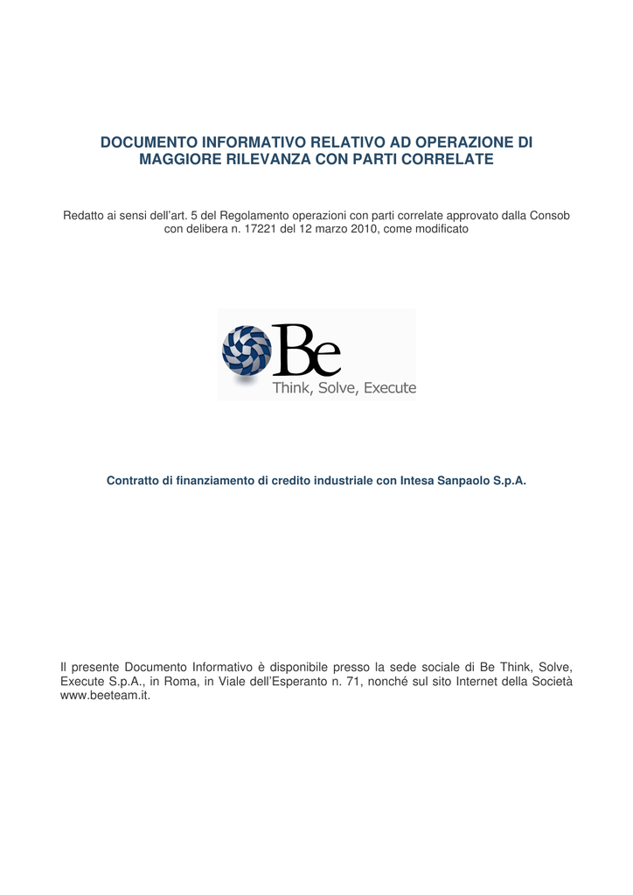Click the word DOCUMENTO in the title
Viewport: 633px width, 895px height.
point(149,142)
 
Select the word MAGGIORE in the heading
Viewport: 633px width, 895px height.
point(180,160)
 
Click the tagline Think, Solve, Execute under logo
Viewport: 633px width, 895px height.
point(344,388)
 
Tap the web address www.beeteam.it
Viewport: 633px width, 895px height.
point(105,697)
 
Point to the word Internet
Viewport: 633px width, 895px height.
point(488,682)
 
